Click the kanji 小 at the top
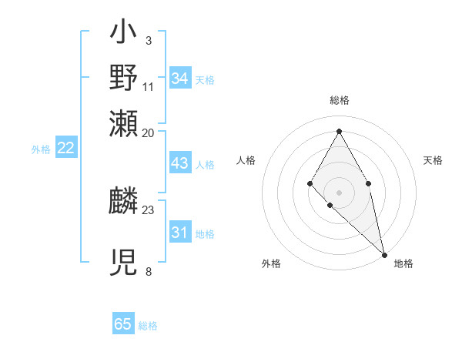tap(124, 34)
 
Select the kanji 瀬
tap(124, 122)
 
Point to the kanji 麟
tap(124, 203)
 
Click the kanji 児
tap(124, 263)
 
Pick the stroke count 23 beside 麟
tap(148, 209)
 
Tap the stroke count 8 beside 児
tap(148, 271)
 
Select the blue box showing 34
tap(179, 79)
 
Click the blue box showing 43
tap(179, 164)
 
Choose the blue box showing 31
tap(179, 233)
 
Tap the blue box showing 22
tap(66, 148)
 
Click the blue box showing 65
tap(123, 324)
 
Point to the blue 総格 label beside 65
tap(148, 326)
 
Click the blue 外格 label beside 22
tap(40, 149)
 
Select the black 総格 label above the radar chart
tap(339, 101)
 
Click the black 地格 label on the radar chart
tap(403, 263)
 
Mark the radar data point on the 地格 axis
tap(384, 254)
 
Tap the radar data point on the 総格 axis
tap(339, 130)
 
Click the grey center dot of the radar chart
tap(339, 192)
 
